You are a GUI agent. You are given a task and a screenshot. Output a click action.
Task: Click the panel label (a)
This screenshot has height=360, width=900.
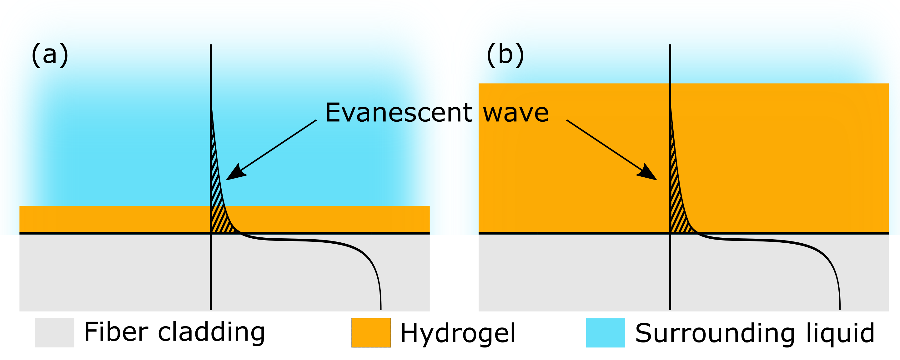point(50,55)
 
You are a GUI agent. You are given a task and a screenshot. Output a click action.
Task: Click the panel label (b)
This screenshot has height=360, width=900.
point(505,55)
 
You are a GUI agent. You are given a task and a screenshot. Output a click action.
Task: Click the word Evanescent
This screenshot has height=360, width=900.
point(399,113)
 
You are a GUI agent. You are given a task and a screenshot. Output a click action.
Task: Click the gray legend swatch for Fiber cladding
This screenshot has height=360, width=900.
point(54,332)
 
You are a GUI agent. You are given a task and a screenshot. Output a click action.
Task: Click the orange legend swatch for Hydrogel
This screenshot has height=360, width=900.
point(371,332)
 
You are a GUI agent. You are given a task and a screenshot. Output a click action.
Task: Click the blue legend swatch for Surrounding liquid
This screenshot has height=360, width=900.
point(605,332)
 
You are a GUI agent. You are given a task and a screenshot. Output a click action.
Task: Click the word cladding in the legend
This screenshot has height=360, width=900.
point(211,332)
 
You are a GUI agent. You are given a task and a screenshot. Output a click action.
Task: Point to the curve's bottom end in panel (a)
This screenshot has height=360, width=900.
point(381,308)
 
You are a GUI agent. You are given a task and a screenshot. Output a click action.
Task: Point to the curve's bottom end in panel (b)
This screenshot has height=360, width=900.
point(840,308)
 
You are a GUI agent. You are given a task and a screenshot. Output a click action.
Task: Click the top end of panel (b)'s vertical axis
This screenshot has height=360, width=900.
point(670,45)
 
